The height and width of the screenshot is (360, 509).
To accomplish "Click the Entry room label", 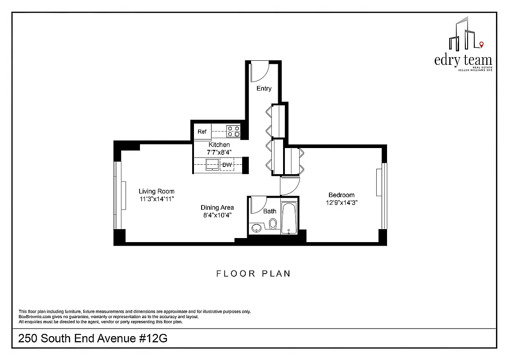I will tap(264, 89).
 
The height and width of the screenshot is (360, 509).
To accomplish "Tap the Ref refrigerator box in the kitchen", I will tap(202, 131).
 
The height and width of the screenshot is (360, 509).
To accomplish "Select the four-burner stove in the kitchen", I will tap(233, 131).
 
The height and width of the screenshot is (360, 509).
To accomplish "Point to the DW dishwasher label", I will tap(227, 165).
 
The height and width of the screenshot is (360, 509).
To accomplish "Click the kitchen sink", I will tap(211, 165).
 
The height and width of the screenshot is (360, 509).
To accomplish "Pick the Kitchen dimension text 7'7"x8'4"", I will tap(219, 152).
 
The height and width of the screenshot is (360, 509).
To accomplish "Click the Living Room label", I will tap(156, 191).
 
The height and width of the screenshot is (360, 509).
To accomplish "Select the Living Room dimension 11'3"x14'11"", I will tap(156, 198).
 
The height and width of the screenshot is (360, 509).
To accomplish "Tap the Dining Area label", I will tap(217, 207).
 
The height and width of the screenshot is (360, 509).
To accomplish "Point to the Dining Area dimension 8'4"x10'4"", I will tap(217, 215).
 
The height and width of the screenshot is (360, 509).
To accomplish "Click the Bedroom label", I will tap(341, 195).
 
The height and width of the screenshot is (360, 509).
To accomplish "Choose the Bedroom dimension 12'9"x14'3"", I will tap(341, 202).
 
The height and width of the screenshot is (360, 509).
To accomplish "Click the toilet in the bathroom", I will tap(272, 224).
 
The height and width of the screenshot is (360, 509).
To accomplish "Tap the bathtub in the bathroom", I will tap(288, 219).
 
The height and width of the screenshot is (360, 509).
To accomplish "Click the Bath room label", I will tap(270, 211).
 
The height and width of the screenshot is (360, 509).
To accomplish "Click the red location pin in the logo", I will tap(482, 44).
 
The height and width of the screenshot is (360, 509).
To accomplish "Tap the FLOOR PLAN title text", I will tap(253, 274).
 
